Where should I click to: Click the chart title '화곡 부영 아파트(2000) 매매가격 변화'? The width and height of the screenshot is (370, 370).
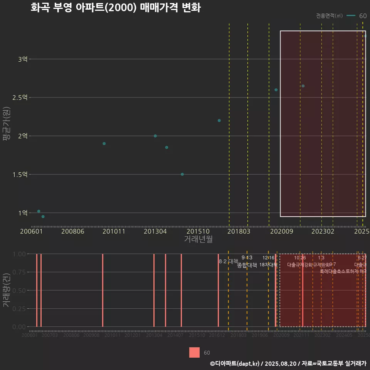pyautogui.click(x=115, y=8)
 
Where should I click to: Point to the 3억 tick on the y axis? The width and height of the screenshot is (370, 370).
pyautogui.click(x=22, y=59)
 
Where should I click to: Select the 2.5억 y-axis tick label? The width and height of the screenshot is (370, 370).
pyautogui.click(x=20, y=98)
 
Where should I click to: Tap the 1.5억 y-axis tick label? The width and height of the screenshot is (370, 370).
pyautogui.click(x=20, y=174)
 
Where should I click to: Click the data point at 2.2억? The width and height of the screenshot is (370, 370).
pyautogui.click(x=219, y=121)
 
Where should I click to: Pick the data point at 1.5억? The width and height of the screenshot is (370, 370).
pyautogui.click(x=182, y=174)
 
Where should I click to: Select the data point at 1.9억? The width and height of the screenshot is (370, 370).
pyautogui.click(x=104, y=143)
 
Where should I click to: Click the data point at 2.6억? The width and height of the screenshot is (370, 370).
pyautogui.click(x=276, y=90)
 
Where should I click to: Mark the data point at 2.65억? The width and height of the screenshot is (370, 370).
pyautogui.click(x=303, y=86)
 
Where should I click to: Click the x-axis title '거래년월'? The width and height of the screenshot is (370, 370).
pyautogui.click(x=198, y=239)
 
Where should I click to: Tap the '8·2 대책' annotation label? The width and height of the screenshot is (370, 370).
pyautogui.click(x=229, y=261)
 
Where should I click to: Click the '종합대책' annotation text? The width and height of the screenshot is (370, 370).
pyautogui.click(x=247, y=265)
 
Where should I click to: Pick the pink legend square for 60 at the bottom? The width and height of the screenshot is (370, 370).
pyautogui.click(x=194, y=353)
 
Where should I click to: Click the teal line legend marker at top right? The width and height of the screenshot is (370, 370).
pyautogui.click(x=351, y=16)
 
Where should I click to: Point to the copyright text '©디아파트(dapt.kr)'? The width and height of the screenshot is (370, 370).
pyautogui.click(x=235, y=363)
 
